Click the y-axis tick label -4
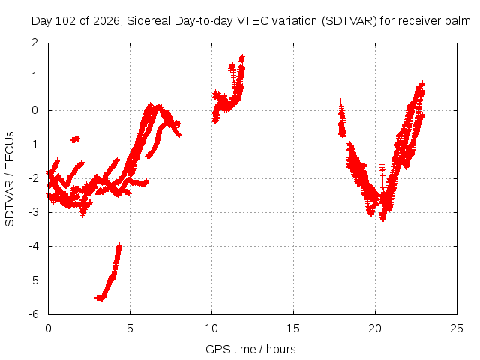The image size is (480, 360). [34, 246]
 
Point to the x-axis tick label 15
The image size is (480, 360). [293, 328]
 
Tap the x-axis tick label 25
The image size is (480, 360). [457, 328]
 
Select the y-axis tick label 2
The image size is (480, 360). [35, 43]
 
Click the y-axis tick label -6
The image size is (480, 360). [34, 314]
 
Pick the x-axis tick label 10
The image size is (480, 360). [211, 328]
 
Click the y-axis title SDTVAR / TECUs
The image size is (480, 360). [10, 179]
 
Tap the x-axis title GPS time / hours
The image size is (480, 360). [250, 349]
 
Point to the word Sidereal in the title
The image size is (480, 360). [148, 21]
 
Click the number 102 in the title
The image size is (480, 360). [67, 21]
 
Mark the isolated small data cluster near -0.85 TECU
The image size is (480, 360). [75, 139]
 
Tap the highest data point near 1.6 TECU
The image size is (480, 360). [242, 57]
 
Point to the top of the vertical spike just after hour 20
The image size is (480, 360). [382, 165]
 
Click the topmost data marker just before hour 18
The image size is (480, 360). [340, 101]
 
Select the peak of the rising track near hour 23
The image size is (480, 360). [422, 82]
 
